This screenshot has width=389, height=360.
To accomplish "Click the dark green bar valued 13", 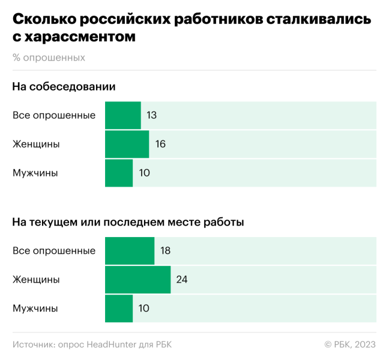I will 123,115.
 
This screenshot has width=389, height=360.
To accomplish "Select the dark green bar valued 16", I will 127,144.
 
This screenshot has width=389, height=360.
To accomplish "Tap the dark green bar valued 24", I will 137,280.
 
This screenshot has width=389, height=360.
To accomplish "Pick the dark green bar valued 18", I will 130,251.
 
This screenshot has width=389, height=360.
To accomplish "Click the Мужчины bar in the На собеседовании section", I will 119,173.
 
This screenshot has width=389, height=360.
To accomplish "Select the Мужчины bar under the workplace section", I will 119,308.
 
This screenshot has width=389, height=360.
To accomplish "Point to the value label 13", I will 151,115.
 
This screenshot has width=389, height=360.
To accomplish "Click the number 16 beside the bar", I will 160,144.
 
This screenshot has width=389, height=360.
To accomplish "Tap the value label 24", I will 181,280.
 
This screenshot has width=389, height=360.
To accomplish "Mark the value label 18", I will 165,251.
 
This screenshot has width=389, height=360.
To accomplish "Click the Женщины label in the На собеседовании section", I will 36,144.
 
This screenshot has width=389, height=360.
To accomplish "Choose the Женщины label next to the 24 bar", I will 36,280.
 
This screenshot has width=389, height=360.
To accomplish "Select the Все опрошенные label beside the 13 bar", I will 54,115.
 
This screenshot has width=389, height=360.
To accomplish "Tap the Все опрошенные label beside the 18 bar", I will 54,251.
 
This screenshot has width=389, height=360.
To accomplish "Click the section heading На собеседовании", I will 64,87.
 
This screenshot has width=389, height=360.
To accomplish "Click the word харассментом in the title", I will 80,37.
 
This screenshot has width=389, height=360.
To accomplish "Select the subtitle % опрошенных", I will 49,58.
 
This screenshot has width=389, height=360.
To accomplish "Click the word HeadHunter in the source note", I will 113,344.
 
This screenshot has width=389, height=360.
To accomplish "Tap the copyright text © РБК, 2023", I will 350,344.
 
